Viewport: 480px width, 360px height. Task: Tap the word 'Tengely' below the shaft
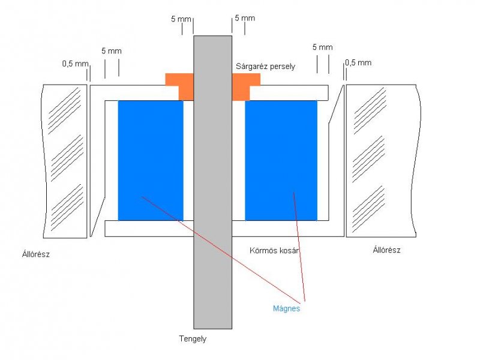pyautogui.click(x=193, y=339)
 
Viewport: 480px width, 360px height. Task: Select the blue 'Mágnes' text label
pyautogui.click(x=286, y=309)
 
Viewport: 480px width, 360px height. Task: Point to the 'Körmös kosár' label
pyautogui.click(x=274, y=250)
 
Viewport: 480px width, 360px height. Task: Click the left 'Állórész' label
pyautogui.click(x=35, y=254)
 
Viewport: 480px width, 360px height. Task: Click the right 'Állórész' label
pyautogui.click(x=386, y=250)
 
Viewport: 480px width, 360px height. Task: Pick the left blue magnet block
pyautogui.click(x=151, y=160)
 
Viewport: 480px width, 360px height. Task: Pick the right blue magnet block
pyautogui.click(x=281, y=160)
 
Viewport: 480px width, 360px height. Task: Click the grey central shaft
pyautogui.click(x=212, y=180)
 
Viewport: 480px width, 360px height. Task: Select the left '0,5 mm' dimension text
pyautogui.click(x=74, y=63)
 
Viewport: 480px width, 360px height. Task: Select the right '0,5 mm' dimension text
pyautogui.click(x=358, y=62)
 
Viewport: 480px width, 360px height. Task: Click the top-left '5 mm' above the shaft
pyautogui.click(x=181, y=19)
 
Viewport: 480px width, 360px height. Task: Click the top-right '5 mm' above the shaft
pyautogui.click(x=245, y=18)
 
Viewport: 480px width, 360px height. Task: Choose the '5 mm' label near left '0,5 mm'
pyautogui.click(x=112, y=51)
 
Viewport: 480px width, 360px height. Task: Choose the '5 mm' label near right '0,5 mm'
pyautogui.click(x=322, y=47)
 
